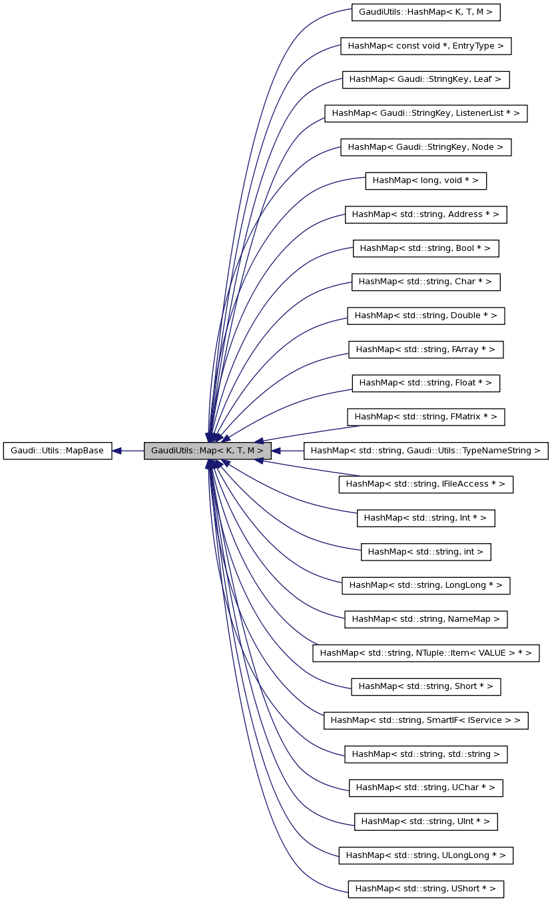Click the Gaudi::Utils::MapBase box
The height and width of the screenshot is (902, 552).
57,451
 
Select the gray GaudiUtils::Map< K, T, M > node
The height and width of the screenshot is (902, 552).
208,451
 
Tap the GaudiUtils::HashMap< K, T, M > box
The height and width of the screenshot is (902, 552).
425,12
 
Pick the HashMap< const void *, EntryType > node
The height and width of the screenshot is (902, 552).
425,46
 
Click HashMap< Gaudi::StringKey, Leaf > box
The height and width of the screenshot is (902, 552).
425,79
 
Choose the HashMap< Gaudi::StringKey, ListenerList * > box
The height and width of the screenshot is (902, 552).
425,113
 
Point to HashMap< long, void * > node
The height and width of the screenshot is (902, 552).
425,180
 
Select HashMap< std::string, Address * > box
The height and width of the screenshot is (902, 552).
425,214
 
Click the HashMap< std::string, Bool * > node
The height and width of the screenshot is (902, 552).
425,248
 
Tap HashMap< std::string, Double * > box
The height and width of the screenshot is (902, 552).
425,316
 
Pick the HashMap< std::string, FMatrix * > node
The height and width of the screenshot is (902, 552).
425,417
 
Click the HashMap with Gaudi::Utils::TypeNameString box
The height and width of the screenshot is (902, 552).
425,451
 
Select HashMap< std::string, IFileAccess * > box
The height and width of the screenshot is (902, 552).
425,484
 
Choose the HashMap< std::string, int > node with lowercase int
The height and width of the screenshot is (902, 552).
425,552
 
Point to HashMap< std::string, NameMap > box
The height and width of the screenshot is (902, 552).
425,619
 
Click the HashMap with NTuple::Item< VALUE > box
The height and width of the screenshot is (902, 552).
425,653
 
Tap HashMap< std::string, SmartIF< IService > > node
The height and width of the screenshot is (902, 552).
425,720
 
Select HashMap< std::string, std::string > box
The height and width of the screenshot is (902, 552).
425,754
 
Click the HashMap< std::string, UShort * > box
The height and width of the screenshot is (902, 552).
425,889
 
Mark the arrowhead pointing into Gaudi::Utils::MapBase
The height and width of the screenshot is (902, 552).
117,451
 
